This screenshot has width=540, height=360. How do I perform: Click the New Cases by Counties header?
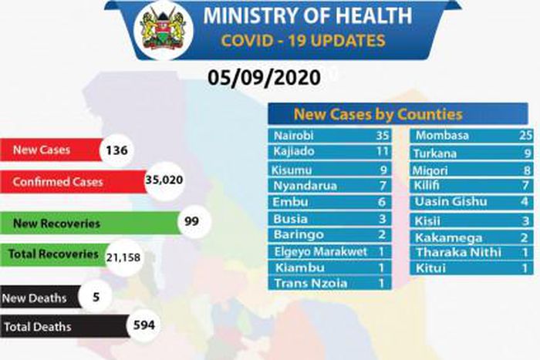397,114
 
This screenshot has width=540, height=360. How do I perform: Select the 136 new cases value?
117,150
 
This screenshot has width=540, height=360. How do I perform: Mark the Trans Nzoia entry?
311,283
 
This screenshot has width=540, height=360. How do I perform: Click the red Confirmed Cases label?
58,182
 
